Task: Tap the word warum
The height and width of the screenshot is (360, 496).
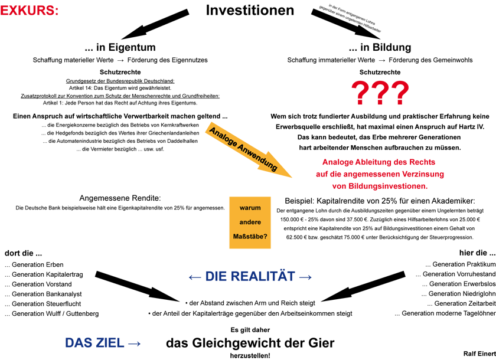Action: coord(250,208)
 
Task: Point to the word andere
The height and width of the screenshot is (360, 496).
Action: coord(250,222)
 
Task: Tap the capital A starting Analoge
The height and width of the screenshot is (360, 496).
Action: coord(211,130)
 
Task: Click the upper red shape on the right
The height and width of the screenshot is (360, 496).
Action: coord(381,91)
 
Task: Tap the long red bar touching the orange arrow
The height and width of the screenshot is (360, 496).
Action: coord(384,174)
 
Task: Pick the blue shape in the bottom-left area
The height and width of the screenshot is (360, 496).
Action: coord(100,335)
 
